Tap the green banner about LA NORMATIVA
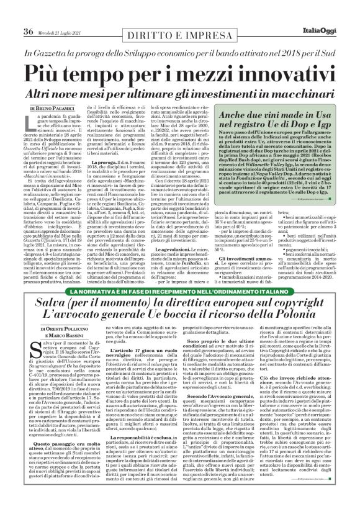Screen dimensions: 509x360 179,292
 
